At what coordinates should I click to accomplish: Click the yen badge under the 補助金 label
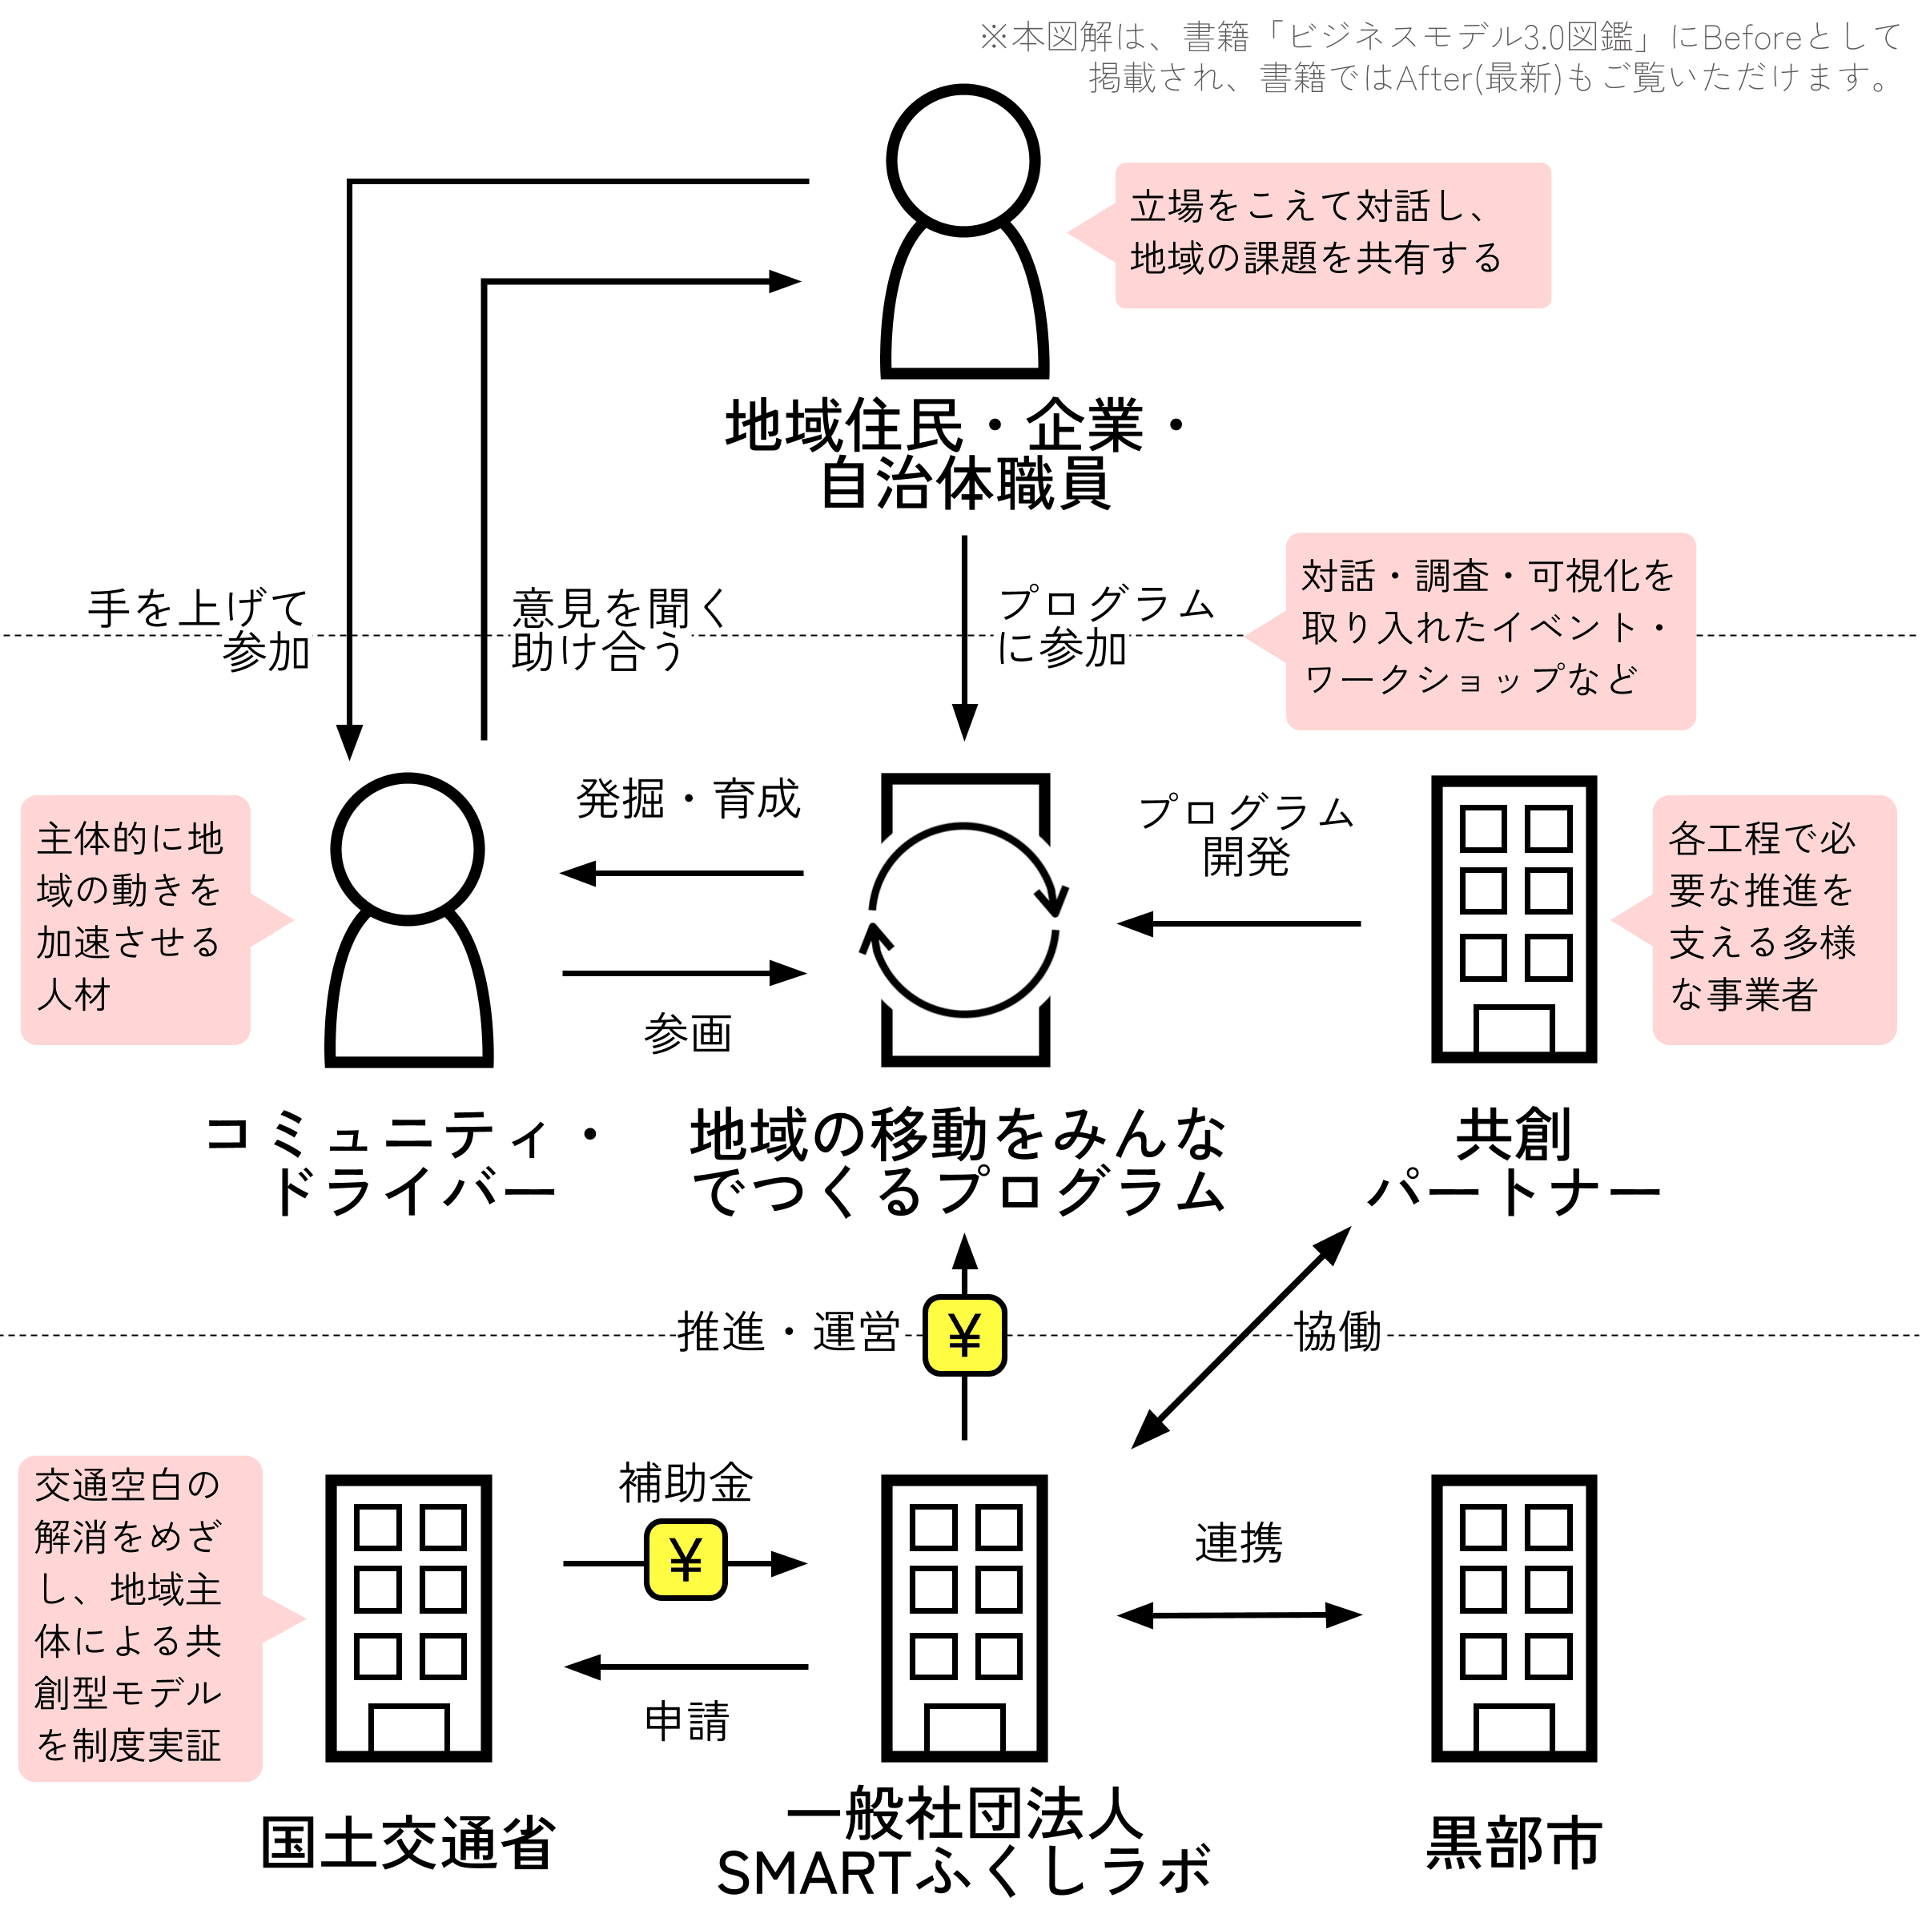point(686,1559)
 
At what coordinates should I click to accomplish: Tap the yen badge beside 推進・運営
point(964,1335)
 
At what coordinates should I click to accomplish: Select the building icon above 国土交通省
point(409,1618)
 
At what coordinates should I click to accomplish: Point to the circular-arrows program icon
point(964,919)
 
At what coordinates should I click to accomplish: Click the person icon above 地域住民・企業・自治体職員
point(964,231)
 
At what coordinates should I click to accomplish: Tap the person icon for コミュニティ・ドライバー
point(409,919)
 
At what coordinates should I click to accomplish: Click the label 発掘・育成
point(689,799)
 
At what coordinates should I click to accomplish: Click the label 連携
point(1239,1543)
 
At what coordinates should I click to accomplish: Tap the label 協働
point(1338,1331)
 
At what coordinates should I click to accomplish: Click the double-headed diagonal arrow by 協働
point(1240,1337)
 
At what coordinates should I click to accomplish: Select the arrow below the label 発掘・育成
point(682,874)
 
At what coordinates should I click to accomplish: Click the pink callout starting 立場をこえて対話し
point(1309,235)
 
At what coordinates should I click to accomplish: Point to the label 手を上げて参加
point(199,629)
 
